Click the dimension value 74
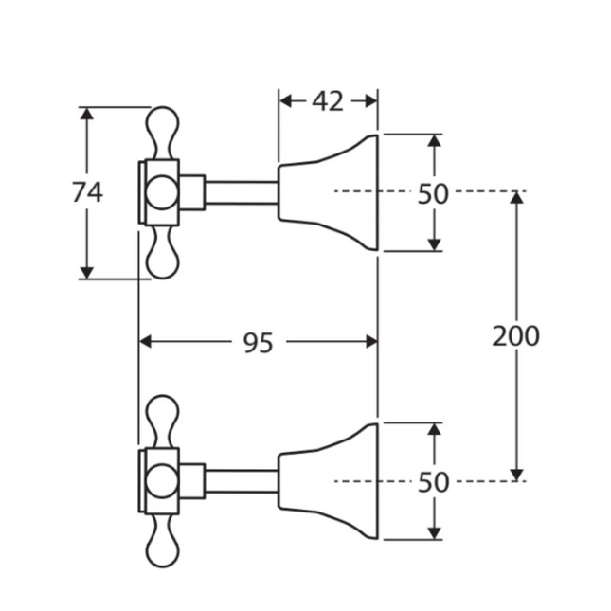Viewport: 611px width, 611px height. pyautogui.click(x=87, y=192)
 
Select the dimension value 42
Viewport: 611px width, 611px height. pyautogui.click(x=328, y=101)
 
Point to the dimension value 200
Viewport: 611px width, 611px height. pyautogui.click(x=516, y=335)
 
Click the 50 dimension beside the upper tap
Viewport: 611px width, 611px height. pyautogui.click(x=433, y=193)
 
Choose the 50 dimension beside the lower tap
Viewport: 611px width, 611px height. pyautogui.click(x=433, y=481)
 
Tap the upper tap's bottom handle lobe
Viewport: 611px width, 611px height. pyautogui.click(x=162, y=254)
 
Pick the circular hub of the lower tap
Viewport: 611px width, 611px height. pyautogui.click(x=161, y=480)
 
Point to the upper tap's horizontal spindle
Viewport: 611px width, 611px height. pyautogui.click(x=242, y=192)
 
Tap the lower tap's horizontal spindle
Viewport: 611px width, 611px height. pyautogui.click(x=242, y=480)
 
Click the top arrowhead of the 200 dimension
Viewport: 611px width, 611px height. pyautogui.click(x=516, y=198)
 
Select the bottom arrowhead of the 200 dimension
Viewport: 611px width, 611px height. pyautogui.click(x=516, y=473)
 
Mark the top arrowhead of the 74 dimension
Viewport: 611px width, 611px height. pyautogui.click(x=87, y=114)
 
